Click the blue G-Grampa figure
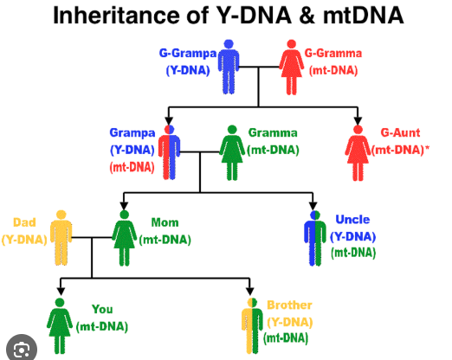229,67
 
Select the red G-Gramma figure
292,67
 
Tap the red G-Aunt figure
358,153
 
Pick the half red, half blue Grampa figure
169,152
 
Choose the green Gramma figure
232,152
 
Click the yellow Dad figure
61,238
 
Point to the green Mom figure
125,238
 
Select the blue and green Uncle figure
315,238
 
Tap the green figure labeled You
60,326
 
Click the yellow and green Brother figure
252,326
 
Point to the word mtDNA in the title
363,15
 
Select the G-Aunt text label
400,132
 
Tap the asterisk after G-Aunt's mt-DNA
427,148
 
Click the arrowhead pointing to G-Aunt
358,121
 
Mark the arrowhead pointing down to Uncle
313,206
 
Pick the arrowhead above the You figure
61,292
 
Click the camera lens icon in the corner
22,350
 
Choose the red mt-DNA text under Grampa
132,167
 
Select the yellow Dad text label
24,222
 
